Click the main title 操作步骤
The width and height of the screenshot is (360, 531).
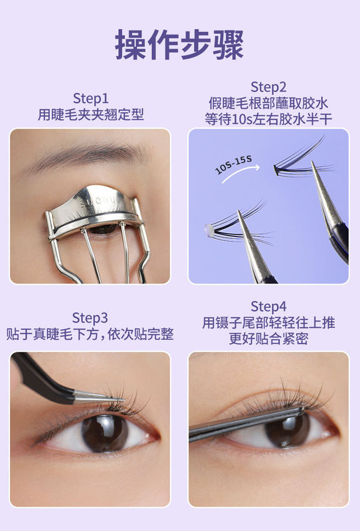(180, 45)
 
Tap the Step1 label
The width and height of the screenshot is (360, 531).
(90, 98)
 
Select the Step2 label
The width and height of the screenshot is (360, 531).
(268, 87)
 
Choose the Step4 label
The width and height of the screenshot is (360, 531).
(268, 307)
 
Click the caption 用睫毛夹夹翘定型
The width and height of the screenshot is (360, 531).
(90, 114)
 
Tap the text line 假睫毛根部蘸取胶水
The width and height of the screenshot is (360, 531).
(268, 104)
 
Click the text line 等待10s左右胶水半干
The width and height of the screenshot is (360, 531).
(268, 119)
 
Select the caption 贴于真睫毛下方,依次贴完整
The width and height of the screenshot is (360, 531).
(90, 334)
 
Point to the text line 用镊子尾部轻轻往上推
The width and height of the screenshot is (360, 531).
(268, 323)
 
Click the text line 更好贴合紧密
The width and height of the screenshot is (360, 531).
(268, 339)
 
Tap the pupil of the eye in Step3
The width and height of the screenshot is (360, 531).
(105, 433)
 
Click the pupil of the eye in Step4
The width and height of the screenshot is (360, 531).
(287, 431)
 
